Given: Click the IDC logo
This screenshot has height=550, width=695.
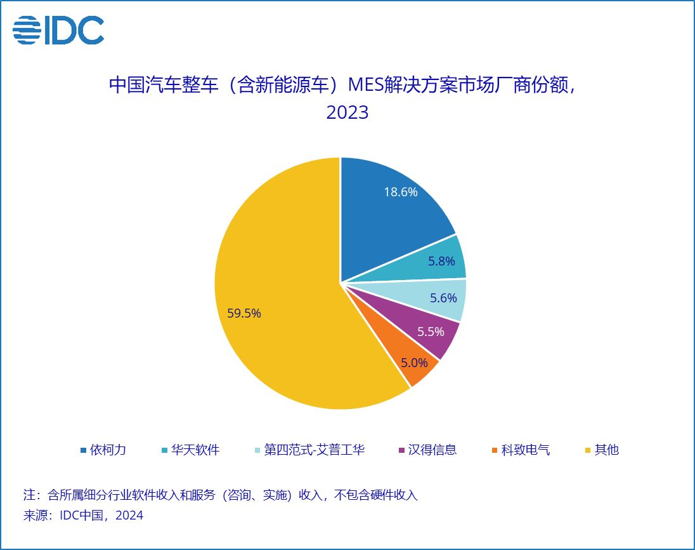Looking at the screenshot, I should tap(58, 30).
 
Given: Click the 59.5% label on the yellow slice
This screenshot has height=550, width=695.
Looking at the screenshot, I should tap(244, 313).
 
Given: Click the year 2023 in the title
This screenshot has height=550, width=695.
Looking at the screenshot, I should tap(347, 113).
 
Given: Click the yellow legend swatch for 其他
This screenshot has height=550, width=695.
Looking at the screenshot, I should tap(588, 451).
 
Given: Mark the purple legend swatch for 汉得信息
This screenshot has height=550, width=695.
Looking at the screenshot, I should tap(401, 451).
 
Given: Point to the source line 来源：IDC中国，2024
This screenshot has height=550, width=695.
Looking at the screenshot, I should tap(83, 516).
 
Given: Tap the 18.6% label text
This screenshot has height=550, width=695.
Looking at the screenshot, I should tap(401, 192).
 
